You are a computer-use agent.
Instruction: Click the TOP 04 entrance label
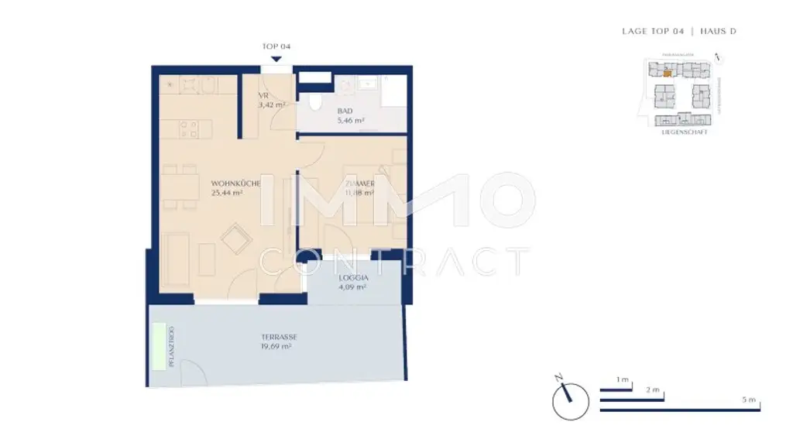click(x=276, y=46)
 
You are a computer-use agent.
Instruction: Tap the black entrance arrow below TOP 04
click(x=276, y=59)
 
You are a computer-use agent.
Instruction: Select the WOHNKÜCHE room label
click(x=235, y=184)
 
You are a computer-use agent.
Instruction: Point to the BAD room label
click(x=345, y=111)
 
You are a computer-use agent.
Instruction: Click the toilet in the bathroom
click(x=313, y=101)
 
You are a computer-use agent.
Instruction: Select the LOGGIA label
click(x=352, y=276)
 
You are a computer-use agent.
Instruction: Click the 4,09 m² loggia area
click(x=352, y=286)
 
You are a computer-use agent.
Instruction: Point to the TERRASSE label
click(x=275, y=337)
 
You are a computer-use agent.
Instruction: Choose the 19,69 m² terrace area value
click(x=275, y=347)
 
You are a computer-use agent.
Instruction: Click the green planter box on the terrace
click(x=161, y=345)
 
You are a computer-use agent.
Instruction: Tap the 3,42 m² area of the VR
click(x=272, y=105)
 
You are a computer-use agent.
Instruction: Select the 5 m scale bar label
click(x=747, y=400)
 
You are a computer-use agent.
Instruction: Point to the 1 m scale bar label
click(x=621, y=379)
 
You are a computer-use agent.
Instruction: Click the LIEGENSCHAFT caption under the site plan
click(x=685, y=132)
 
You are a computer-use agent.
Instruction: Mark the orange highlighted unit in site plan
click(x=667, y=75)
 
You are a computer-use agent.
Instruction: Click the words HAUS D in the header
click(x=718, y=31)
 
